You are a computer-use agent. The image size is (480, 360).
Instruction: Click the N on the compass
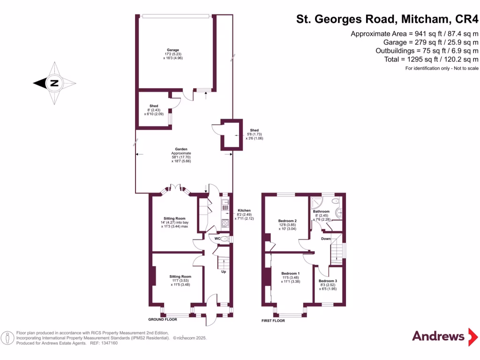coord(54,83)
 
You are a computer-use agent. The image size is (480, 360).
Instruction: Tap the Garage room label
coord(173,50)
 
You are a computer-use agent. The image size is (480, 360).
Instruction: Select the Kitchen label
coord(244,210)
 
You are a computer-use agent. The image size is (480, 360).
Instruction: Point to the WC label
coord(217,239)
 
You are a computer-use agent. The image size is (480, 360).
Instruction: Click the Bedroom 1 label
coord(290,273)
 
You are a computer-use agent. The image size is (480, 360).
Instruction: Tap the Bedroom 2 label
coord(287,221)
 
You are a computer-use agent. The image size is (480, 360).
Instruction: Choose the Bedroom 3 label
coord(329,281)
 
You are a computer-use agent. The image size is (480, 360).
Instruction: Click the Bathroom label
coord(321,211)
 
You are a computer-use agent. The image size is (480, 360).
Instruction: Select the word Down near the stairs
coord(326,239)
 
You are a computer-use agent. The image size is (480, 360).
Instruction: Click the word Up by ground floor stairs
coord(224,271)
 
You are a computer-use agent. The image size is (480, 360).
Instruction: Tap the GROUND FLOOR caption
coord(162,319)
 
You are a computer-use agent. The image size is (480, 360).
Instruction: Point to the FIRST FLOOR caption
coord(273,321)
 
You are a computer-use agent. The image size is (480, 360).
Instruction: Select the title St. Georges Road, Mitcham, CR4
coord(387,19)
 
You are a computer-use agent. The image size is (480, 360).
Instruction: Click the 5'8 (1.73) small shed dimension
coord(254,135)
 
